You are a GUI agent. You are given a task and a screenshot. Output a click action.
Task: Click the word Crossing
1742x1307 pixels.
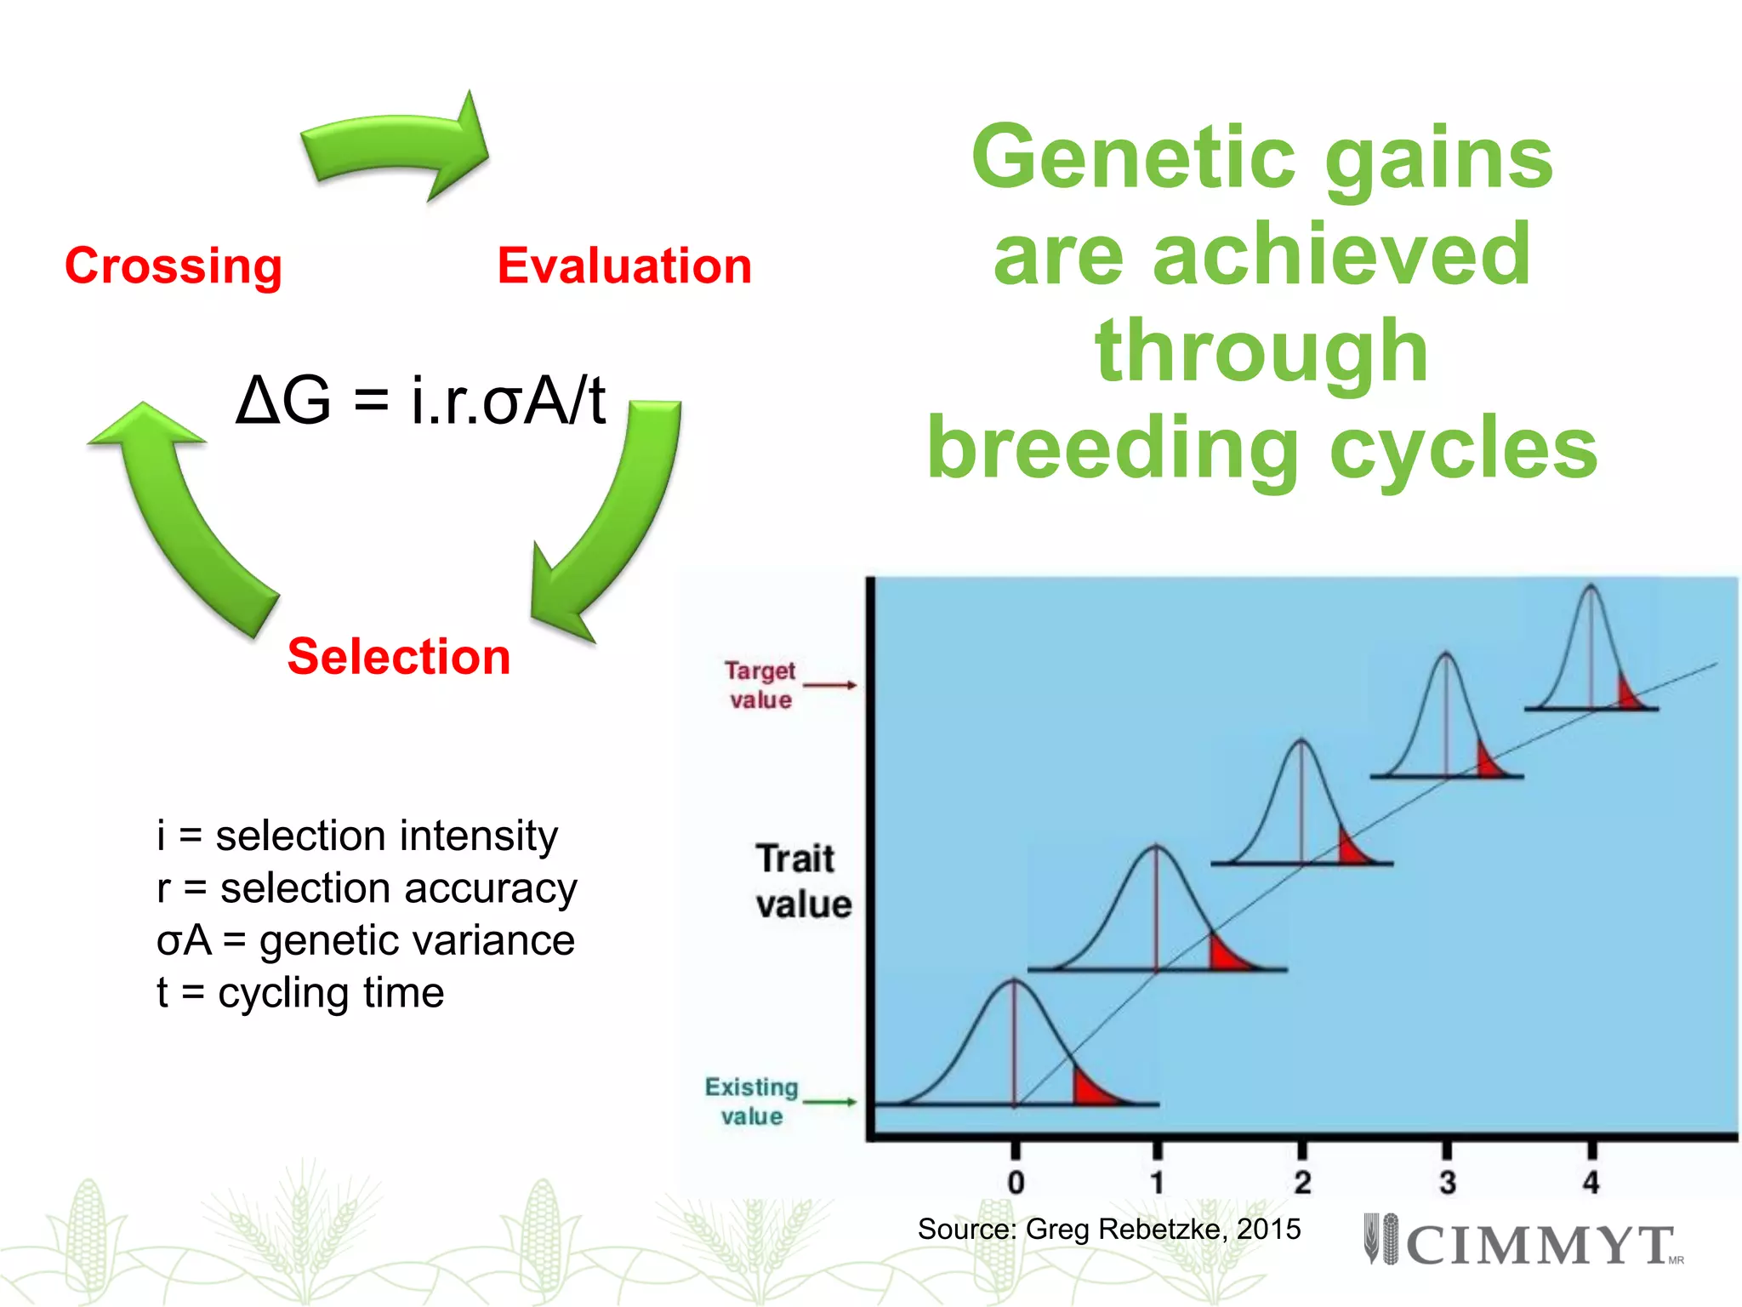coord(174,266)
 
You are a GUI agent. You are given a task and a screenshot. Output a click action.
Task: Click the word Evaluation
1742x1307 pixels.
coord(624,266)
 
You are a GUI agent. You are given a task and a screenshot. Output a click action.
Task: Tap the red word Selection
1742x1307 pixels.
coord(399,657)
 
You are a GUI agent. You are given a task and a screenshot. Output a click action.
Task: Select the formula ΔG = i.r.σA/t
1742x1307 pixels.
coord(421,400)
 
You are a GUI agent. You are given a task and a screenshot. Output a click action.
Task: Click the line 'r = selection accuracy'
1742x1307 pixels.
coord(367,888)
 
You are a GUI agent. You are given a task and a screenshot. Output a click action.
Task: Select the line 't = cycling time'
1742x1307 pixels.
coord(300,993)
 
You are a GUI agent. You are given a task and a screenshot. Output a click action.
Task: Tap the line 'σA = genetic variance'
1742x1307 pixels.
coord(366,940)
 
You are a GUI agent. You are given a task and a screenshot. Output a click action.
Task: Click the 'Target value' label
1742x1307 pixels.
coord(760,685)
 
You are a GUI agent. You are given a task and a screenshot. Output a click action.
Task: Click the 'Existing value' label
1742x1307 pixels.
coord(752,1101)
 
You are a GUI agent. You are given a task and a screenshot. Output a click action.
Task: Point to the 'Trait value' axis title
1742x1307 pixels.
coord(802,882)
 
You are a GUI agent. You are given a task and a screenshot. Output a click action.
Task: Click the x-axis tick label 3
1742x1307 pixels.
coord(1447,1182)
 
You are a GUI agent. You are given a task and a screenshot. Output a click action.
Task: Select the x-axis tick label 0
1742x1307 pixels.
coord(1016,1183)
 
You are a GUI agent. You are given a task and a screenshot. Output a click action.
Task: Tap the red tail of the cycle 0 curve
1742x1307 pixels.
coord(1090,1092)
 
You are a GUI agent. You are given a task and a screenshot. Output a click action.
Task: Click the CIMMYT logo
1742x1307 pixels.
coord(1523,1242)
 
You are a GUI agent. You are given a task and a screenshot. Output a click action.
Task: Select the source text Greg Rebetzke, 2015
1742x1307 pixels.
coord(1109,1229)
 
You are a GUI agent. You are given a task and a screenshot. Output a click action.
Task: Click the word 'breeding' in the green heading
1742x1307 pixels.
coord(1113,449)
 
